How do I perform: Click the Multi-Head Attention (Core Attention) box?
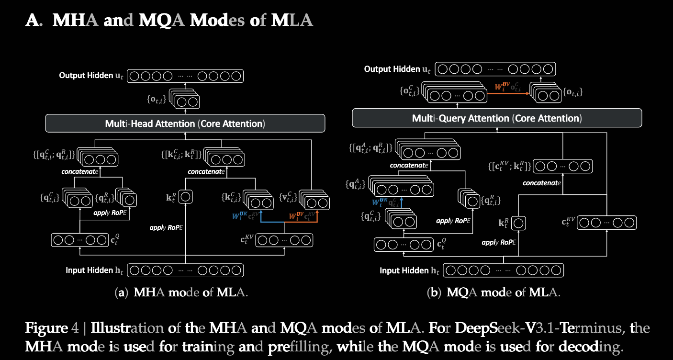(185, 124)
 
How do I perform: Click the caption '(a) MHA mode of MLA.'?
(182, 292)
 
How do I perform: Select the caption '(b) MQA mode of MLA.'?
(494, 292)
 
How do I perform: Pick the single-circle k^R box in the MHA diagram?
(185, 196)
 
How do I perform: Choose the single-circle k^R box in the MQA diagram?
(518, 223)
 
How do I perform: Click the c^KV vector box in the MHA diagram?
(284, 240)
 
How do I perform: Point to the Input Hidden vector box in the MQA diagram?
(503, 270)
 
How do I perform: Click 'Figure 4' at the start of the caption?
(46, 328)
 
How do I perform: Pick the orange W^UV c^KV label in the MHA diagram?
(303, 216)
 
